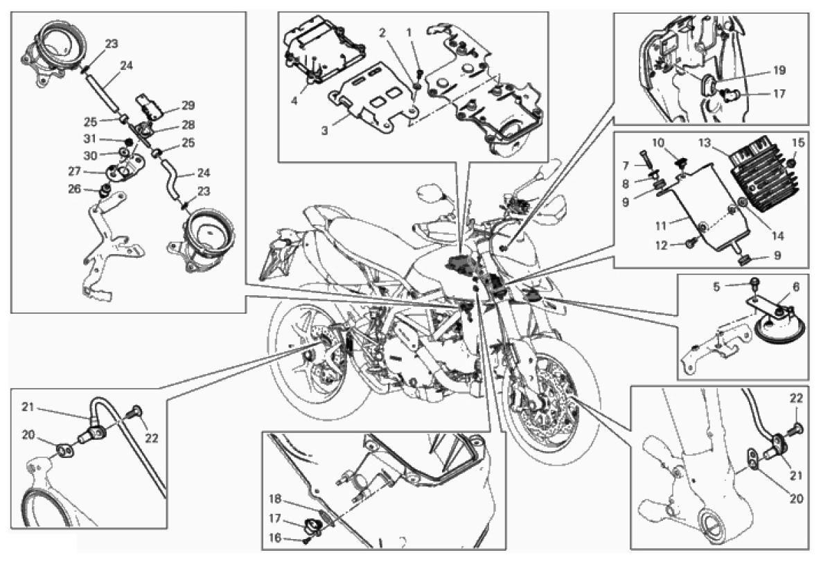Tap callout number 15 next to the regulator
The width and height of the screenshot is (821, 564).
point(799,143)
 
